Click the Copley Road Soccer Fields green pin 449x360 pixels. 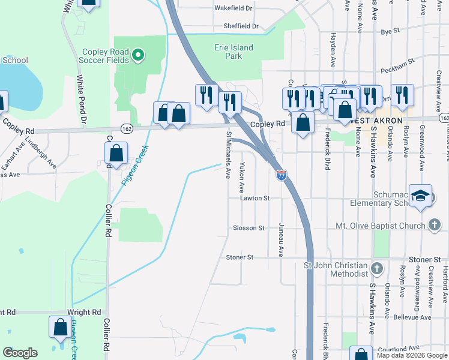coord(138,56)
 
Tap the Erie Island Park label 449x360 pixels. coord(234,52)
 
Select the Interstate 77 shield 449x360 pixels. coord(281,175)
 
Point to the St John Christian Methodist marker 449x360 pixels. coord(377,268)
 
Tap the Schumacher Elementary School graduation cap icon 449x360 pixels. coord(421,196)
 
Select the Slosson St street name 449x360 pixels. coord(249,228)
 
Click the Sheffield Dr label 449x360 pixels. coord(241,26)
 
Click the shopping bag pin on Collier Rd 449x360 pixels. coord(116,154)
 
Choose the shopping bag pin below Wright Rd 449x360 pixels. coord(60,328)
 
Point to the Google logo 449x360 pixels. coord(20,353)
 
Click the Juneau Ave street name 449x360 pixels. coord(280,240)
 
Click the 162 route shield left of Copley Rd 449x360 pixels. coord(126,128)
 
